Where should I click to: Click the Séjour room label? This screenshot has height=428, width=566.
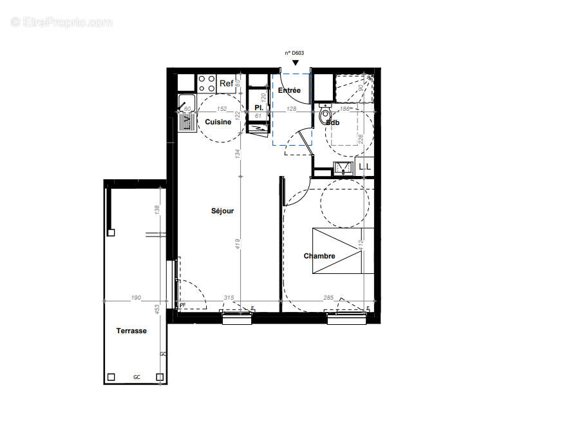tap(222, 211)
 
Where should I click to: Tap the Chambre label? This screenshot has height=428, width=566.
tap(319, 256)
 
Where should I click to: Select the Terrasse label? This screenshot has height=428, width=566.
tap(131, 331)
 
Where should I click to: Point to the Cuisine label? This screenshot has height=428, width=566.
tap(218, 122)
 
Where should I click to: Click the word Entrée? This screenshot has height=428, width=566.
tap(289, 91)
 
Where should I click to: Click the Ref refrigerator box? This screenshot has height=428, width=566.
tap(226, 84)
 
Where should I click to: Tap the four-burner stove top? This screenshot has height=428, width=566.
tap(207, 83)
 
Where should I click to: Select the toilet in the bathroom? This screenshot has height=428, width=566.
tap(325, 117)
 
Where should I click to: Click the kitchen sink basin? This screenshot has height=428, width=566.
tap(186, 102)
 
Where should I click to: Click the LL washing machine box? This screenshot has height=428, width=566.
tap(364, 166)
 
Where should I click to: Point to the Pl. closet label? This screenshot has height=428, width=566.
tap(258, 107)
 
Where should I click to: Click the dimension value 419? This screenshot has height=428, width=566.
tap(238, 245)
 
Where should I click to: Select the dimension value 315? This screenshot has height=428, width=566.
tap(228, 298)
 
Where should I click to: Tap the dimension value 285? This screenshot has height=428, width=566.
tap(328, 298)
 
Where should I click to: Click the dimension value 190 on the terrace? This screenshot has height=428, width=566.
tap(135, 298)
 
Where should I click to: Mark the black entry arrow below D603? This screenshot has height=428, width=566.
tap(295, 63)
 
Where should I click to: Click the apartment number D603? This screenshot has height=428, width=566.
tap(295, 54)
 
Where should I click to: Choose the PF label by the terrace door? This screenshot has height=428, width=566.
tap(182, 305)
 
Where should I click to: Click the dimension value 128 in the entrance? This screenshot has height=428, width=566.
tap(291, 110)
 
